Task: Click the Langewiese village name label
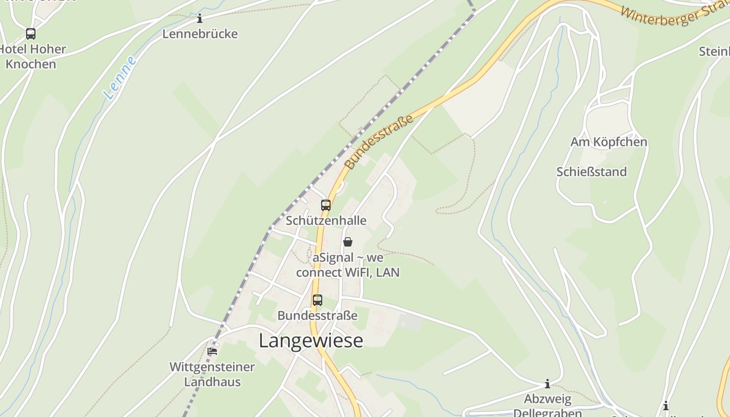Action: (311, 340)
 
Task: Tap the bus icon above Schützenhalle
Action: (326, 205)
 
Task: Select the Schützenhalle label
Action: (326, 220)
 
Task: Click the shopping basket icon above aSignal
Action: (348, 242)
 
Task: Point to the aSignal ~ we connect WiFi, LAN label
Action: (348, 265)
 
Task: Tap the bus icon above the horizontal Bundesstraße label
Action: (317, 300)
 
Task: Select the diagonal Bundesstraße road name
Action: (380, 142)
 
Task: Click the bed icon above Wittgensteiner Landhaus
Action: (212, 351)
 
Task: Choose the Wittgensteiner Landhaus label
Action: (212, 374)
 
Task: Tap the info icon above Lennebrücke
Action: (199, 19)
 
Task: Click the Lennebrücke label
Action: (200, 34)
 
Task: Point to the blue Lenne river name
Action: (120, 78)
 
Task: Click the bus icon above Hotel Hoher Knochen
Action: (31, 34)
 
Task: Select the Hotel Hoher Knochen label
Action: (32, 56)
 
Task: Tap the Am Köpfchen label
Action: (609, 142)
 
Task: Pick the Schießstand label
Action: (591, 172)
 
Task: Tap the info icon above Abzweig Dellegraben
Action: (547, 384)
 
